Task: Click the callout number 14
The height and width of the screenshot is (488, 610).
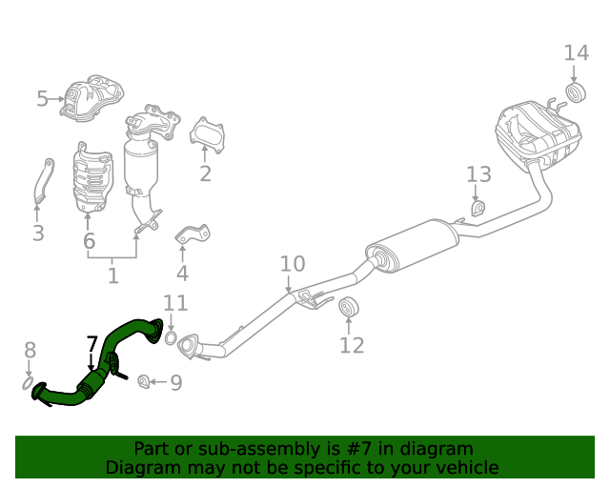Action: pyautogui.click(x=576, y=53)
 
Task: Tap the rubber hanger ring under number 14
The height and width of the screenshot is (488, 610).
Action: pyautogui.click(x=576, y=92)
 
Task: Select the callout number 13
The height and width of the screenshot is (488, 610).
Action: pyautogui.click(x=478, y=174)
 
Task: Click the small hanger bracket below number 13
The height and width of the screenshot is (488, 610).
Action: pyautogui.click(x=478, y=208)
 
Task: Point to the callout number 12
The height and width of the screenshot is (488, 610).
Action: pyautogui.click(x=352, y=345)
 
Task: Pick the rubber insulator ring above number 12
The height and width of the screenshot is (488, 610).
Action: pyautogui.click(x=348, y=307)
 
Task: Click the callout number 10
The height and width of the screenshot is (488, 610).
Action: pyautogui.click(x=293, y=264)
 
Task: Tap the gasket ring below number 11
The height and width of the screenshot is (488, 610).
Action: pyautogui.click(x=171, y=337)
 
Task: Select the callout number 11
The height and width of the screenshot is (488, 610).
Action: pyautogui.click(x=175, y=303)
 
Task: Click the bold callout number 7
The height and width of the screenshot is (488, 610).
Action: pyautogui.click(x=91, y=344)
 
